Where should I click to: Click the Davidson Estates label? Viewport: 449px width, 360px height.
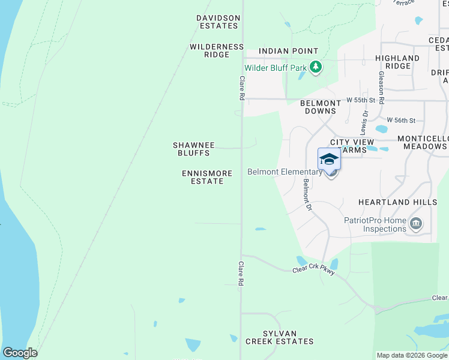(x=218, y=22)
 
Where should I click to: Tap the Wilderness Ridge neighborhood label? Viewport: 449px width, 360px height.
(x=217, y=50)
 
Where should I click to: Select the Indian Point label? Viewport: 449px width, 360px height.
(x=288, y=52)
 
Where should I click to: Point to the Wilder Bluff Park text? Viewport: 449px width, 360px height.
(x=276, y=68)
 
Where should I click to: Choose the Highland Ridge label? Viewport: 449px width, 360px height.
(x=397, y=62)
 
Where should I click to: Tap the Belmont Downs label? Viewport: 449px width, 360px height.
(x=321, y=107)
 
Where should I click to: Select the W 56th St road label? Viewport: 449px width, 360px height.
(x=401, y=121)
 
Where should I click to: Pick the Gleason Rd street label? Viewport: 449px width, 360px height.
(x=381, y=88)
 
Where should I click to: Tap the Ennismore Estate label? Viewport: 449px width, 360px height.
(x=207, y=177)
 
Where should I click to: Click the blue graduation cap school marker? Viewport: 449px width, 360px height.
(x=329, y=159)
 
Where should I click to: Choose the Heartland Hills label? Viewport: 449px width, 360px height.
(x=397, y=202)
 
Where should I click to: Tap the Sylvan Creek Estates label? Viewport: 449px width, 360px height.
(x=279, y=337)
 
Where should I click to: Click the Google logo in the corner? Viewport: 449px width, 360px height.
(x=20, y=353)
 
